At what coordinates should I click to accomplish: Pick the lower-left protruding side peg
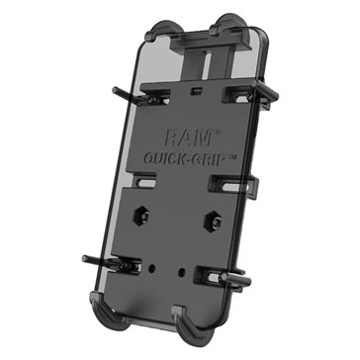click(x=99, y=262)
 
